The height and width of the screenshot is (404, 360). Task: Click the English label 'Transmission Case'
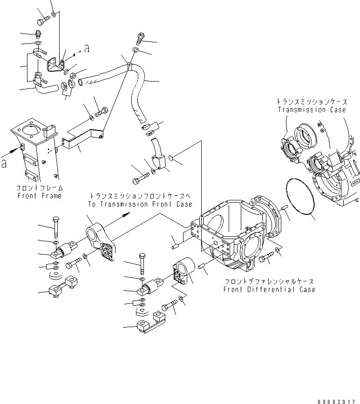coord(312,110)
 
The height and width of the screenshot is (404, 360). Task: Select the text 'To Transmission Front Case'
coord(139,204)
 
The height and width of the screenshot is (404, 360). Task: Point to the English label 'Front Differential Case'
coord(269,289)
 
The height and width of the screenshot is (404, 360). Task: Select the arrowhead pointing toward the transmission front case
coord(126,215)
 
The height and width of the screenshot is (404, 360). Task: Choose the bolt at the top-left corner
coord(42,21)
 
